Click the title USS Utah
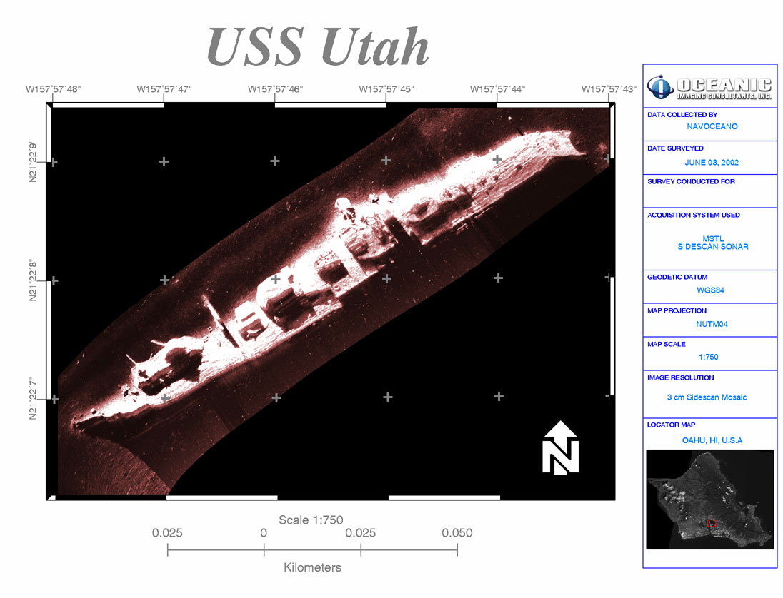[318, 46]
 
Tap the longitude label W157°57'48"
[53, 89]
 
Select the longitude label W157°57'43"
[609, 89]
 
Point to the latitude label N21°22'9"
[33, 161]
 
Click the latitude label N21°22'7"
[33, 398]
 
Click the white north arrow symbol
[561, 447]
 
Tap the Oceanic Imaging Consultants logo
[709, 88]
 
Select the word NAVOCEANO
[712, 127]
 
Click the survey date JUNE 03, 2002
[712, 163]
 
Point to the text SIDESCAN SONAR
[712, 247]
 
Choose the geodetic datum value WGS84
[711, 290]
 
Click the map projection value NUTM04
[712, 324]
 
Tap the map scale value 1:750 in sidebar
[709, 357]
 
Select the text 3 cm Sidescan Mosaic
[707, 397]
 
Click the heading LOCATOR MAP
[671, 425]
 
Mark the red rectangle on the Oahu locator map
[712, 523]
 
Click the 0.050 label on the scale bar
[457, 533]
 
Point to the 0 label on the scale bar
[264, 533]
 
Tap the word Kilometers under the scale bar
[313, 567]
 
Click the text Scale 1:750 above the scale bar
[311, 520]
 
